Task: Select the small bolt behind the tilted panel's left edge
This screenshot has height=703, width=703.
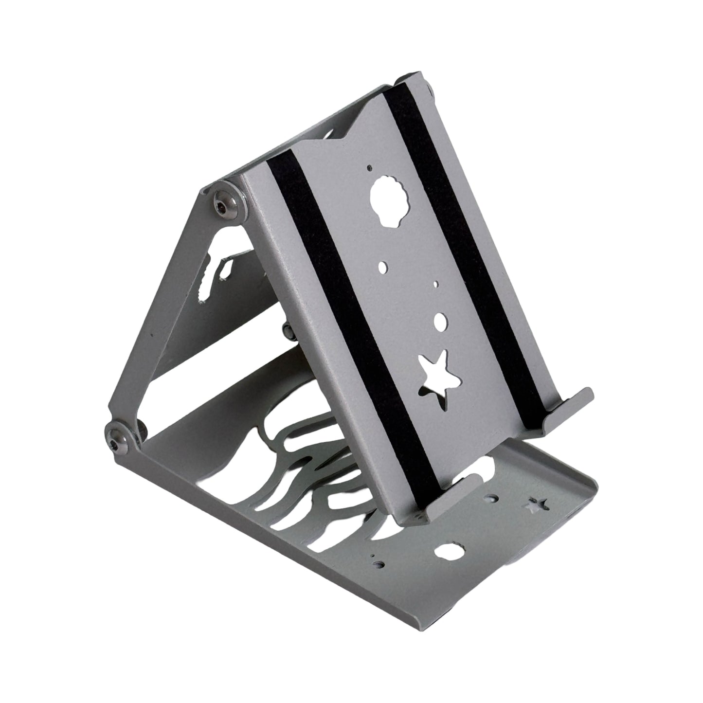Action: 288,332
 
